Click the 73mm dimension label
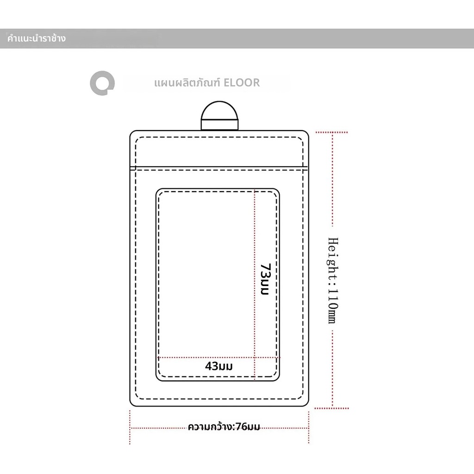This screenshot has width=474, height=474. (265, 279)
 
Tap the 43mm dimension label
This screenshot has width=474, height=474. (219, 366)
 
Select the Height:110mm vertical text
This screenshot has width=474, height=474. (333, 280)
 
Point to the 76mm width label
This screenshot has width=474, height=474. (224, 427)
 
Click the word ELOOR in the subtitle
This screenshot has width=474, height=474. (242, 82)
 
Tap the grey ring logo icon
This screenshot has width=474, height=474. (102, 83)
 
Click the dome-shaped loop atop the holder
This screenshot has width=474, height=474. (219, 111)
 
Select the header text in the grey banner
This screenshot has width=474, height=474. (36, 38)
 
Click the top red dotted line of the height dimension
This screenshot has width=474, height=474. (331, 132)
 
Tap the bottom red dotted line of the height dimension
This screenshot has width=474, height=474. (331, 408)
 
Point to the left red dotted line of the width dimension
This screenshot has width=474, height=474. (130, 427)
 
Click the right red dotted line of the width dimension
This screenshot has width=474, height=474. (309, 427)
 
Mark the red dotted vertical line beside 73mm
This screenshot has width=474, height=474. (255, 284)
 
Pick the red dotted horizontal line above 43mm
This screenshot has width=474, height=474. (218, 358)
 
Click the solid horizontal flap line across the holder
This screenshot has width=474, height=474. (219, 167)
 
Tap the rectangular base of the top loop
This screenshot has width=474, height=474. (219, 125)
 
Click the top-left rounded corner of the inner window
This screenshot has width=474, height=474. (158, 191)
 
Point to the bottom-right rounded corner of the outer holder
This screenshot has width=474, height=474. (306, 403)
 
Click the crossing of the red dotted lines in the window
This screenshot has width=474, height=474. (255, 358)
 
